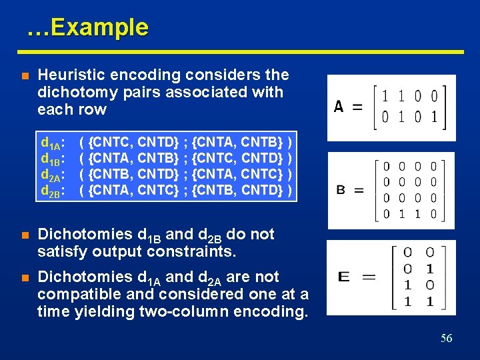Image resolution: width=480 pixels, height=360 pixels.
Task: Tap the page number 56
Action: (x=446, y=339)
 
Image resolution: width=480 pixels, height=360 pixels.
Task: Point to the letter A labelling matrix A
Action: (x=339, y=107)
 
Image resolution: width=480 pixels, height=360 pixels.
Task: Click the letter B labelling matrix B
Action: (x=340, y=191)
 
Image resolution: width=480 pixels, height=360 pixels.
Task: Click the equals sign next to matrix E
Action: (x=368, y=277)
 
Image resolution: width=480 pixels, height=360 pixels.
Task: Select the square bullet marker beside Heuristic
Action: (x=24, y=76)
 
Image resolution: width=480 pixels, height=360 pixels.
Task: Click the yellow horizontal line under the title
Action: (x=240, y=51)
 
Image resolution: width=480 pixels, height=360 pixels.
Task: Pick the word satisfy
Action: (x=61, y=252)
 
